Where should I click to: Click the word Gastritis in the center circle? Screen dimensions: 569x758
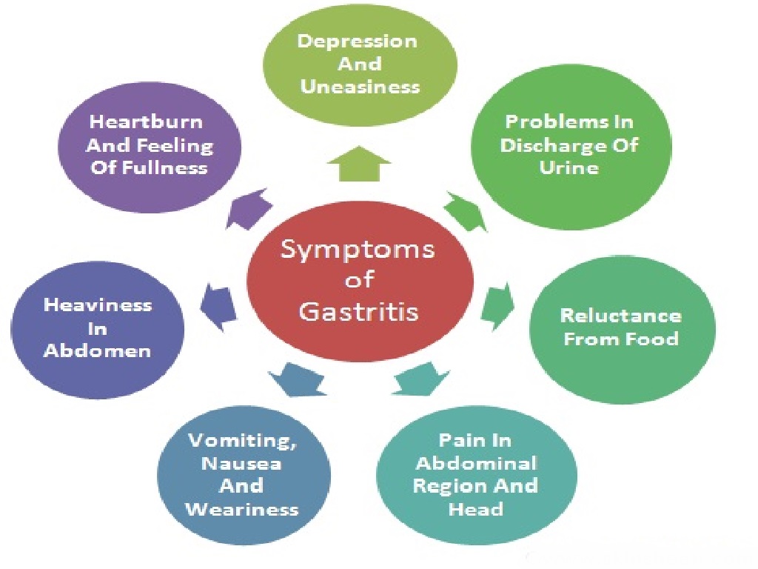[358, 311]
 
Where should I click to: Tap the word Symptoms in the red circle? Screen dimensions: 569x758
[358, 250]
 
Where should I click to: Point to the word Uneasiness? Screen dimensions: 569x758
[360, 87]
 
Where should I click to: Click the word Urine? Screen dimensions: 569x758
[569, 167]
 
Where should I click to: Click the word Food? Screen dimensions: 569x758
[654, 339]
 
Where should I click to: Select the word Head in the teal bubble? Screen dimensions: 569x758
[475, 509]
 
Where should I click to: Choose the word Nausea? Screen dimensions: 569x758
[242, 464]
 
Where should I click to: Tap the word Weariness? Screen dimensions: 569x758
[242, 510]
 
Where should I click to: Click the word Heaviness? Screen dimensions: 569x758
[97, 305]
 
